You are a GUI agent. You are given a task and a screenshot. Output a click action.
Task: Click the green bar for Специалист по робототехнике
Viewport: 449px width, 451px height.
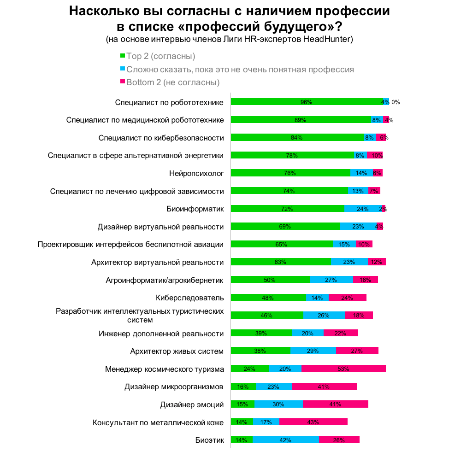(307, 102)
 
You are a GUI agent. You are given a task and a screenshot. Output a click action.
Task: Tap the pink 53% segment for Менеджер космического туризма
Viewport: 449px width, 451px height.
(343, 369)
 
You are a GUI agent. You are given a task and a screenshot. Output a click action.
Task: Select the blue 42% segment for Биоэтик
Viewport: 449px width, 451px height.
(285, 440)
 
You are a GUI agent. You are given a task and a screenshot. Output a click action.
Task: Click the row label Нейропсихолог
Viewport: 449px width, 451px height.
(196, 173)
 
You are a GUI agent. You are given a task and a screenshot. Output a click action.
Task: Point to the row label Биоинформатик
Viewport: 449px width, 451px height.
(195, 209)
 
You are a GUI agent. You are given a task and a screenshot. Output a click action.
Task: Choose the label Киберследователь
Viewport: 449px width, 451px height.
(190, 298)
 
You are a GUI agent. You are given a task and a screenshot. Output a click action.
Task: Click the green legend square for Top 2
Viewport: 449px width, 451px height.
(123, 56)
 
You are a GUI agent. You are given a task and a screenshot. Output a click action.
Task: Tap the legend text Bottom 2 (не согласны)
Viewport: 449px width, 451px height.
(173, 82)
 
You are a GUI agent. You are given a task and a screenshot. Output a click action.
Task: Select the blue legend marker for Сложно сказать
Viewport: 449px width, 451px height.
(123, 70)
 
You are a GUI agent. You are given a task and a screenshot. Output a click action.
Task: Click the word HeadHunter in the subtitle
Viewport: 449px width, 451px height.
(328, 39)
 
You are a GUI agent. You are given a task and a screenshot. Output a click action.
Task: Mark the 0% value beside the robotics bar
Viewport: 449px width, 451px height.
(395, 102)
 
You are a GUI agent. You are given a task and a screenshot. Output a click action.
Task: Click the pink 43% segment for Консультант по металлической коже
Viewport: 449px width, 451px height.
(313, 422)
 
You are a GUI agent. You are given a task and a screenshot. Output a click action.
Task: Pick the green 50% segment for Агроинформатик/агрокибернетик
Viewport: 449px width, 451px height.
(270, 280)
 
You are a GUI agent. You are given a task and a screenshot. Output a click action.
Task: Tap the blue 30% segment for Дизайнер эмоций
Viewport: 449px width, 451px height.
(278, 404)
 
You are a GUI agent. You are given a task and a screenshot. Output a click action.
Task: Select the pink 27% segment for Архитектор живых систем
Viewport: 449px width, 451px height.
(357, 351)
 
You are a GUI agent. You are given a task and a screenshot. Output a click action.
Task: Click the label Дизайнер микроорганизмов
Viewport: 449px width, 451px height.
(174, 387)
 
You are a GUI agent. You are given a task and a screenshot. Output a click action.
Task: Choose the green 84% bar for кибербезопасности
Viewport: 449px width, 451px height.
(297, 137)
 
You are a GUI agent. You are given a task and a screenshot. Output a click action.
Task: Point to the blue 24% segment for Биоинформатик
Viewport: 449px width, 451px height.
(363, 209)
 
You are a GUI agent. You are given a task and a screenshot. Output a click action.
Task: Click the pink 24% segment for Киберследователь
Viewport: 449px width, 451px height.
(348, 298)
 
